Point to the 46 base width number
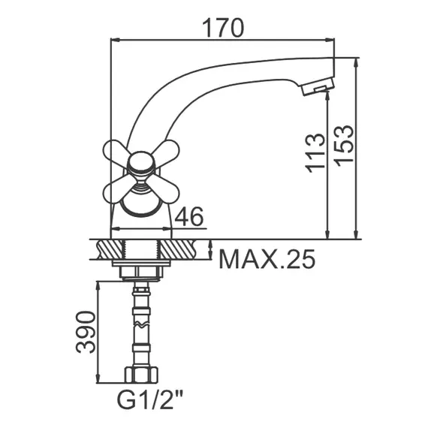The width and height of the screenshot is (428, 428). coord(191,217)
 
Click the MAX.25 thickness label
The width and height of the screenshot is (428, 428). coord(267,259)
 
